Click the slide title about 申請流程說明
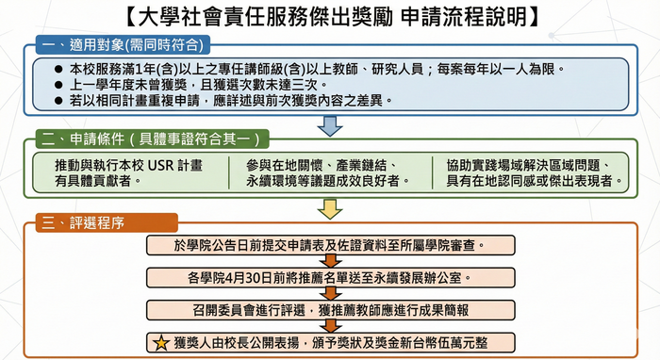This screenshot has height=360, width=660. [x=330, y=16]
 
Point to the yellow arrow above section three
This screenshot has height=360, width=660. [x=329, y=207]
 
